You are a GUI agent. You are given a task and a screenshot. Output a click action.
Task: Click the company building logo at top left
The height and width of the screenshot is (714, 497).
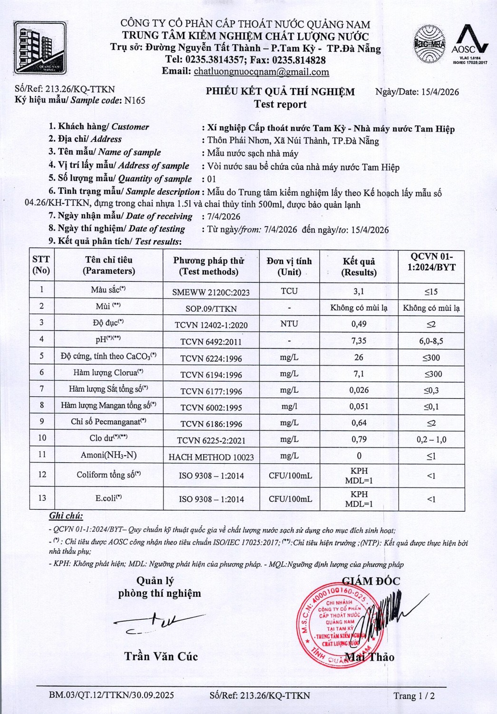click(42, 48)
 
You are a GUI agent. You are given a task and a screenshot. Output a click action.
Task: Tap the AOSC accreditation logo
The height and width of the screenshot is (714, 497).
click(469, 45)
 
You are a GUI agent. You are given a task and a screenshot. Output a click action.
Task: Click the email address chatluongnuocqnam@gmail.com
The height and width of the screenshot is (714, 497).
click(261, 72)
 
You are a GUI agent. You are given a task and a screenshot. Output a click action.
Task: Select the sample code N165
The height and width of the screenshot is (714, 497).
click(135, 100)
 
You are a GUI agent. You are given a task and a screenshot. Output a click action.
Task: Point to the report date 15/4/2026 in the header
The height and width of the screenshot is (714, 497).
click(440, 92)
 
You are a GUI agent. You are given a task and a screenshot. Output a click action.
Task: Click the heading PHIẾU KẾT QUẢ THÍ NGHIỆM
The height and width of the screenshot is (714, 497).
click(280, 92)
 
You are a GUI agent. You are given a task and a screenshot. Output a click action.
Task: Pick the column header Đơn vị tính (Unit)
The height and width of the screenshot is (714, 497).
click(289, 267)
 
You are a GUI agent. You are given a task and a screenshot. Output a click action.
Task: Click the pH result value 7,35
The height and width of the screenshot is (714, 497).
click(359, 341)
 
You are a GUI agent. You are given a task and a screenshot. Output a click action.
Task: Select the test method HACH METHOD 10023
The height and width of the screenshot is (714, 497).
click(211, 457)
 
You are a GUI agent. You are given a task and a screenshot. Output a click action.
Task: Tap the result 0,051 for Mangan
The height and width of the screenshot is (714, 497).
click(359, 407)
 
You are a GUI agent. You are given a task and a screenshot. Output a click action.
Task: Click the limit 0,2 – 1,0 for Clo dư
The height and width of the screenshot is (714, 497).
click(431, 439)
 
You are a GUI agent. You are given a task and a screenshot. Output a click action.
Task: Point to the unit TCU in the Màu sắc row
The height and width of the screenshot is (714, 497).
click(289, 291)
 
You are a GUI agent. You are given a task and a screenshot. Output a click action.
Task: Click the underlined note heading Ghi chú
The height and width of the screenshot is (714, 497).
click(66, 516)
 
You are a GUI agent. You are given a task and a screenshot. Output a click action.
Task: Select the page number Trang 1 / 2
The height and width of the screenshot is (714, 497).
click(414, 696)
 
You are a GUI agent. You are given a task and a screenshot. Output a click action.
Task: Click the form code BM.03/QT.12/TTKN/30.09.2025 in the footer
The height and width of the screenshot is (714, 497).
click(111, 695)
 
